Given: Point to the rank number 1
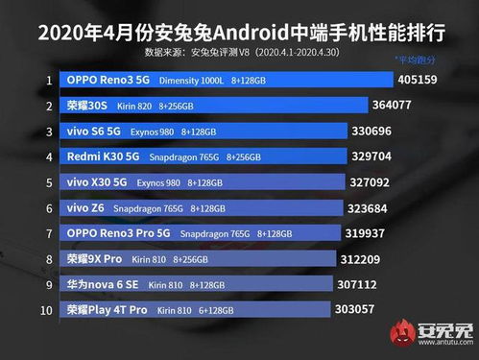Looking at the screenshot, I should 48,80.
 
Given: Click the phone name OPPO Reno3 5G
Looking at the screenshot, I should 108,80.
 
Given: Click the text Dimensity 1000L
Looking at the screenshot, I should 191,81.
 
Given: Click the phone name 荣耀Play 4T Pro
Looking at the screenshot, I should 107,310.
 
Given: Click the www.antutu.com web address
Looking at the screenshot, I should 444,347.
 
